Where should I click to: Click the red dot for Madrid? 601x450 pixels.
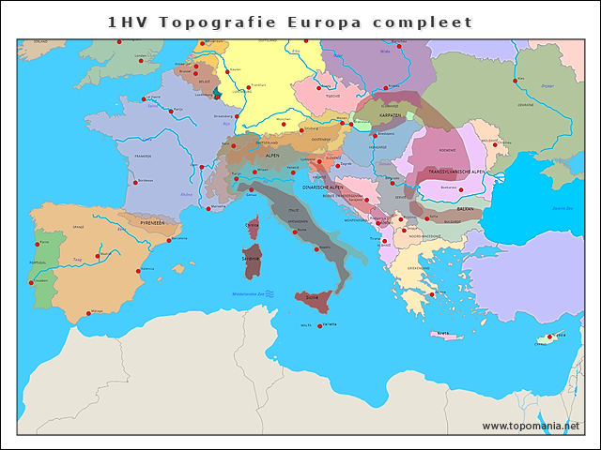98,255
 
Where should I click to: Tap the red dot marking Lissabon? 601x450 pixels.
33,281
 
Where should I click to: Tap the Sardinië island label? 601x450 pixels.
251,258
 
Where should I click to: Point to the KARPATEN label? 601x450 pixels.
391,116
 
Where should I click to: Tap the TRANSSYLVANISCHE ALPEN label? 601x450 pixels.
456,172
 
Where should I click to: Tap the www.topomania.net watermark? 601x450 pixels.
531,426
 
